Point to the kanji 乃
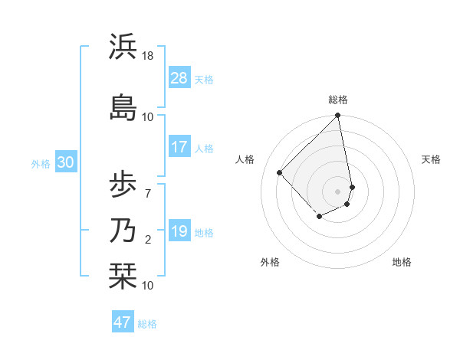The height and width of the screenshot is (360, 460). point(123,231)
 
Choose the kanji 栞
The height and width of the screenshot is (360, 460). point(123,277)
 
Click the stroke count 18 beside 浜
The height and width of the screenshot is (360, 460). point(148,56)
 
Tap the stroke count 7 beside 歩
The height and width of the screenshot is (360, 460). point(148,194)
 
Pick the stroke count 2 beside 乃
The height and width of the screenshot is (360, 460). point(148,241)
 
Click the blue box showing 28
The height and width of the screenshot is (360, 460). point(179,78)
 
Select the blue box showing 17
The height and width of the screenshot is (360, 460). point(179,148)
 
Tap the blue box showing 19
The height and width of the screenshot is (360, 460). point(179,231)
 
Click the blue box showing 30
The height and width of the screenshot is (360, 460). point(65,162)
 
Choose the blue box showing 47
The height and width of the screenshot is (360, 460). point(123,322)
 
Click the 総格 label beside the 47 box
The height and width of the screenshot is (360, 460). point(147,324)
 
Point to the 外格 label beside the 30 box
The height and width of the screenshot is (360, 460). point(41,163)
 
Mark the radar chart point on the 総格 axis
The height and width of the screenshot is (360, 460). point(337,116)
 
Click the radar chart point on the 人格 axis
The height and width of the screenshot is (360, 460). point(280,172)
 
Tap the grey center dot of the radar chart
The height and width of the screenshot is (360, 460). point(337,191)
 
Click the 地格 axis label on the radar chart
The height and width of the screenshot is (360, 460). point(402,262)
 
